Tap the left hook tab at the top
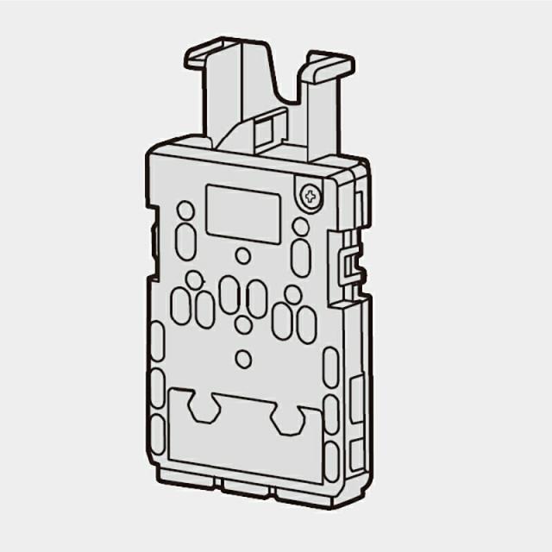coord(211,54)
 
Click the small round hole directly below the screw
coord(300,227)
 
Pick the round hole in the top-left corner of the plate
coord(185,210)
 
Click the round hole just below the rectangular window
coord(243,256)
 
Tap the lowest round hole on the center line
coord(244,359)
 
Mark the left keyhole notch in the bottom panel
coord(204,406)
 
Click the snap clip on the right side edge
coord(348,264)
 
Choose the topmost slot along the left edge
coord(157,342)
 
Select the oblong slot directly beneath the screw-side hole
coord(300,257)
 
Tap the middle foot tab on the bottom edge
coord(245,488)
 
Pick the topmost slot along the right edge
coord(330,367)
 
